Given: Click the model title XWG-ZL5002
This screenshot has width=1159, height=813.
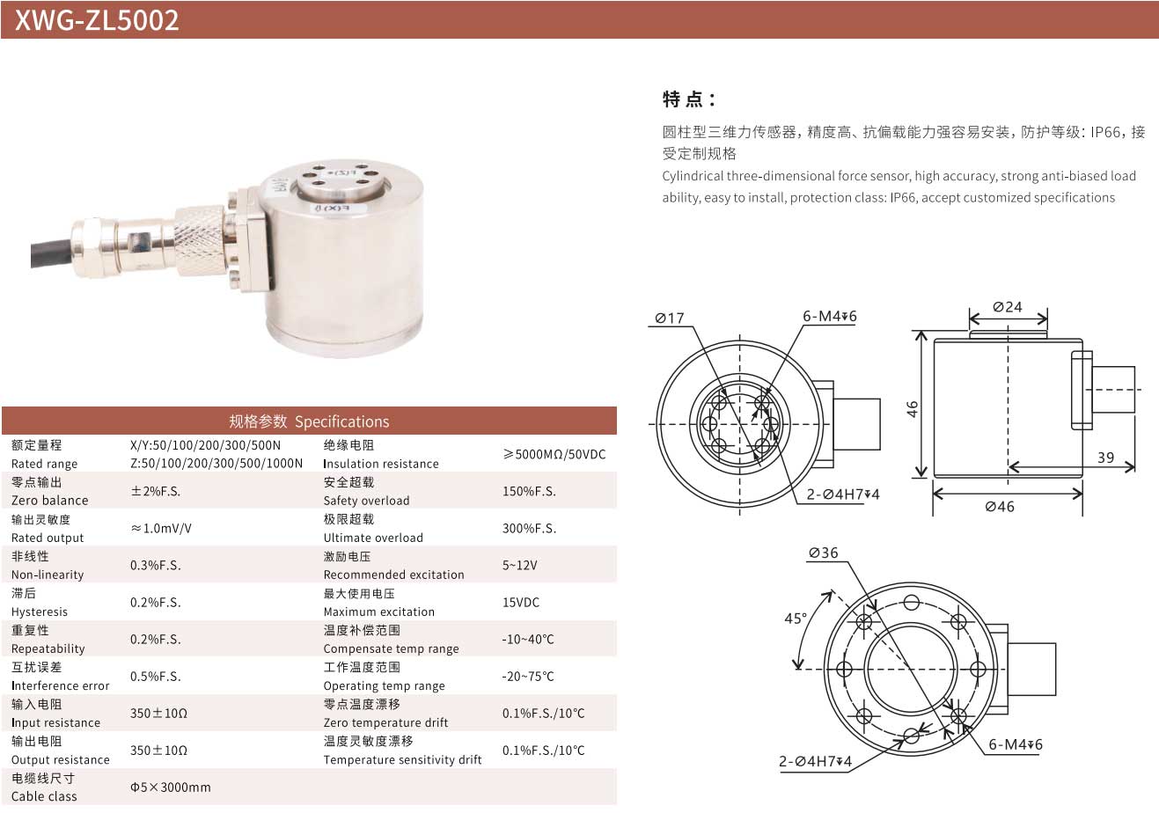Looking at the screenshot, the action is pos(97,20).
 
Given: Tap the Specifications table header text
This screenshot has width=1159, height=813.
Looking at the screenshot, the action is pos(309,421).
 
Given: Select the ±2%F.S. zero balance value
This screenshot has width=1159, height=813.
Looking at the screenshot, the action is pos(155,491).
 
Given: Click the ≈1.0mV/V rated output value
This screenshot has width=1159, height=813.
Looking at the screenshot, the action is pos(161,528).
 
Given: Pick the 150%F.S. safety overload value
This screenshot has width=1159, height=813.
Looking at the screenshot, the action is pos(529,491).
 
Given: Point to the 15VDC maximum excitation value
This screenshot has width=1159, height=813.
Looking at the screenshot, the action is pos(520,602).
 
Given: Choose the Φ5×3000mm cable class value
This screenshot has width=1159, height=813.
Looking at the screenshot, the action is pos(170,787).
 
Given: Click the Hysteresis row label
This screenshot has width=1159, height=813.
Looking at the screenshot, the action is pos(40,612).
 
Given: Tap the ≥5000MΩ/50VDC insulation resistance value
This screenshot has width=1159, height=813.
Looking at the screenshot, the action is pos(554,454).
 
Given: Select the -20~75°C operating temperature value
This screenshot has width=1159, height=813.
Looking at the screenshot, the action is pos(528,676).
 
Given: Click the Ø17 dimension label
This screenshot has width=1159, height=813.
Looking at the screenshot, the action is pos(670,318).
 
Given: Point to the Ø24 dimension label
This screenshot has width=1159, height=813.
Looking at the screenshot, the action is pos(1008,307).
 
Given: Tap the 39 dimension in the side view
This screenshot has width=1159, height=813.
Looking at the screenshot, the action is pos(1105,458).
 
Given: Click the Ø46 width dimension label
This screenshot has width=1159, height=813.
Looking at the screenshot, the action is pos(1000,506).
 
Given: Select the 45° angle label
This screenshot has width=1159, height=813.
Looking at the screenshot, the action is pos(796,618).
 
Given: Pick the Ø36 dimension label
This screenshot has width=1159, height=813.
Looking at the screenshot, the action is pos(823,553).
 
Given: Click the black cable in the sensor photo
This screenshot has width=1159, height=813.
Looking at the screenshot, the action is pos(52,253).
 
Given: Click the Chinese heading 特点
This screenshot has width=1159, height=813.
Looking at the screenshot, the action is pos(689,99).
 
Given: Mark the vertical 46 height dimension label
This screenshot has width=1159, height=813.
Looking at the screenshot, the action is pos(913,408).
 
